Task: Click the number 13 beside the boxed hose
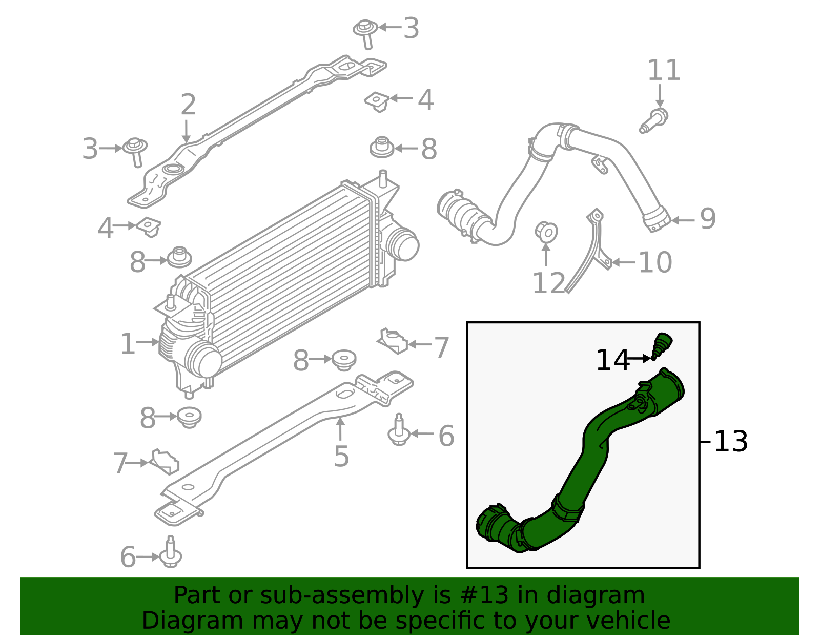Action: click(x=731, y=441)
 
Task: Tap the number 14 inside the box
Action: click(x=612, y=360)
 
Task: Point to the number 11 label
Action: click(x=664, y=70)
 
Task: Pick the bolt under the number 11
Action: click(x=654, y=120)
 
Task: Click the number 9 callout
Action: click(x=708, y=219)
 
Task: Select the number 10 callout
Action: click(x=655, y=263)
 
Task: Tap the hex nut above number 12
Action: click(x=546, y=232)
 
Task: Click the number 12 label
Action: click(x=548, y=283)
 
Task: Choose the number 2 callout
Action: click(x=188, y=105)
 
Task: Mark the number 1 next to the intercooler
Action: click(x=128, y=344)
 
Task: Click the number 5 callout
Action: click(x=341, y=457)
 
